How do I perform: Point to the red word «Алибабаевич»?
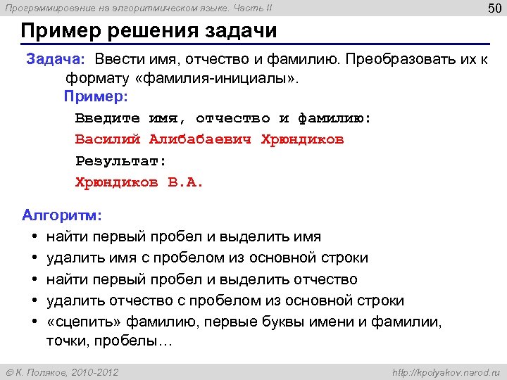coord(201,139)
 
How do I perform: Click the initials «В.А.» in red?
coord(185,182)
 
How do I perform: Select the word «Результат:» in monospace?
coord(121,160)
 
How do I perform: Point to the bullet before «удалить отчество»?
coord(34,300)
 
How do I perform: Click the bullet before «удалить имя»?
coord(34,258)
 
